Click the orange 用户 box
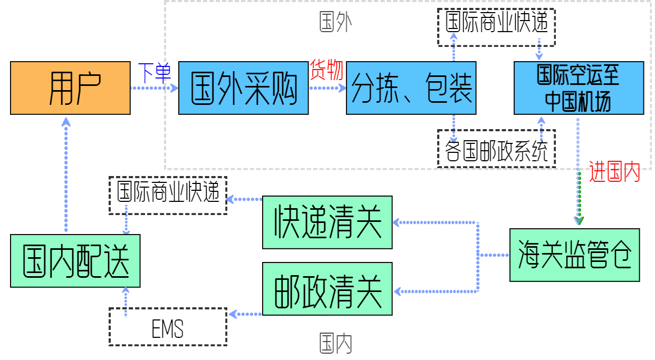pyautogui.click(x=70, y=88)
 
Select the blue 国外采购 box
pyautogui.click(x=243, y=88)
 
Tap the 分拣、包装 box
pyautogui.click(x=411, y=88)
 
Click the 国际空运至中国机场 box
pyautogui.click(x=579, y=88)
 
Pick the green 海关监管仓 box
pyautogui.click(x=574, y=255)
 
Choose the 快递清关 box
pyautogui.click(x=327, y=222)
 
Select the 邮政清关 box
pyautogui.click(x=327, y=289)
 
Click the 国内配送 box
pyautogui.click(x=75, y=261)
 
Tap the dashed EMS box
pyautogui.click(x=168, y=330)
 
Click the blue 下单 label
pyautogui.click(x=154, y=73)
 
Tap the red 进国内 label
pyautogui.click(x=614, y=172)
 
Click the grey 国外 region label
pyautogui.click(x=335, y=23)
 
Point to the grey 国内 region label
pyautogui.click(x=335, y=344)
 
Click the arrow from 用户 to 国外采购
pyautogui.click(x=154, y=88)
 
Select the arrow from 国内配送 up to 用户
pyautogui.click(x=66, y=174)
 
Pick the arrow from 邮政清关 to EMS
pyautogui.click(x=245, y=314)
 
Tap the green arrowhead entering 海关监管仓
pyautogui.click(x=579, y=220)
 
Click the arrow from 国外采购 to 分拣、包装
pyautogui.click(x=327, y=88)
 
